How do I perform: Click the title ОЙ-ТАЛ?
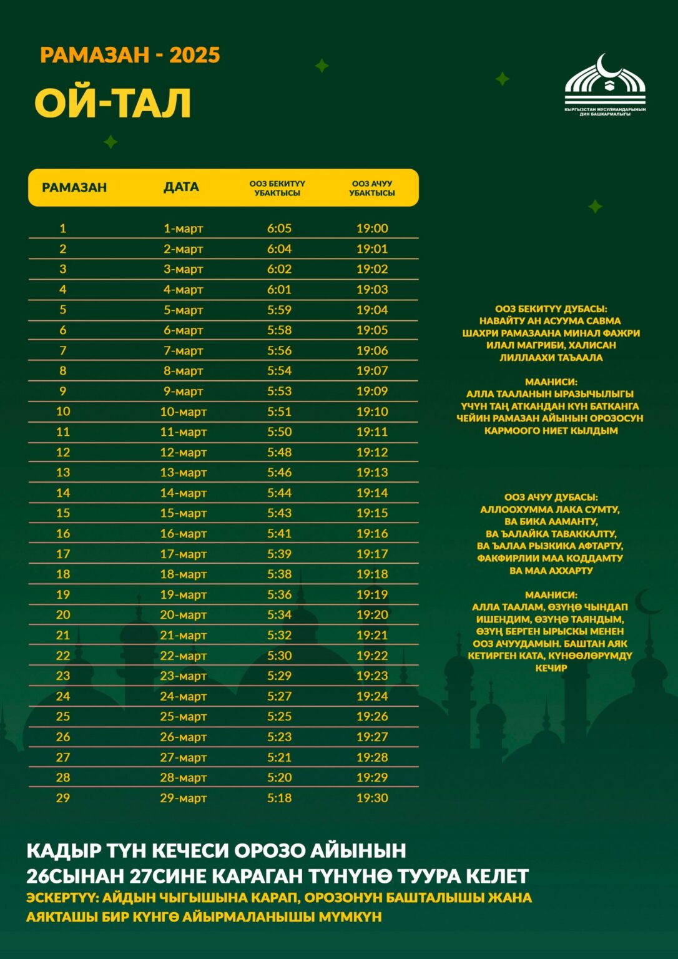click(112, 103)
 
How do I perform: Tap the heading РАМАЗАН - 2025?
click(130, 55)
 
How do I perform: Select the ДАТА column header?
click(181, 187)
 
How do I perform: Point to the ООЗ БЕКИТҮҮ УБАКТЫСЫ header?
click(277, 188)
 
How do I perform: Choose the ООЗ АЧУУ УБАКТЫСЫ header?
click(372, 188)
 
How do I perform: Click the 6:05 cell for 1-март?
click(279, 229)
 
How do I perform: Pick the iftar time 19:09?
click(372, 391)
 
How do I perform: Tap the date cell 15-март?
click(183, 513)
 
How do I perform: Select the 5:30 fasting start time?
click(279, 656)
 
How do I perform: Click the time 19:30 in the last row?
click(372, 798)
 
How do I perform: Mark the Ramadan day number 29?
click(63, 798)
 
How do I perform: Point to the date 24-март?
click(183, 696)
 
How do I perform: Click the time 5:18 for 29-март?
click(279, 798)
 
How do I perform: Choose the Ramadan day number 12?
click(63, 452)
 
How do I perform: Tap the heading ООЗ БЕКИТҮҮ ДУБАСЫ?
click(551, 309)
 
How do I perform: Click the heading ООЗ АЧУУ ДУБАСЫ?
click(551, 498)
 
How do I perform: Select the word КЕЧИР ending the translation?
click(551, 668)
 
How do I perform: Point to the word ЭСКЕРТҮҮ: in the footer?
click(61, 898)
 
